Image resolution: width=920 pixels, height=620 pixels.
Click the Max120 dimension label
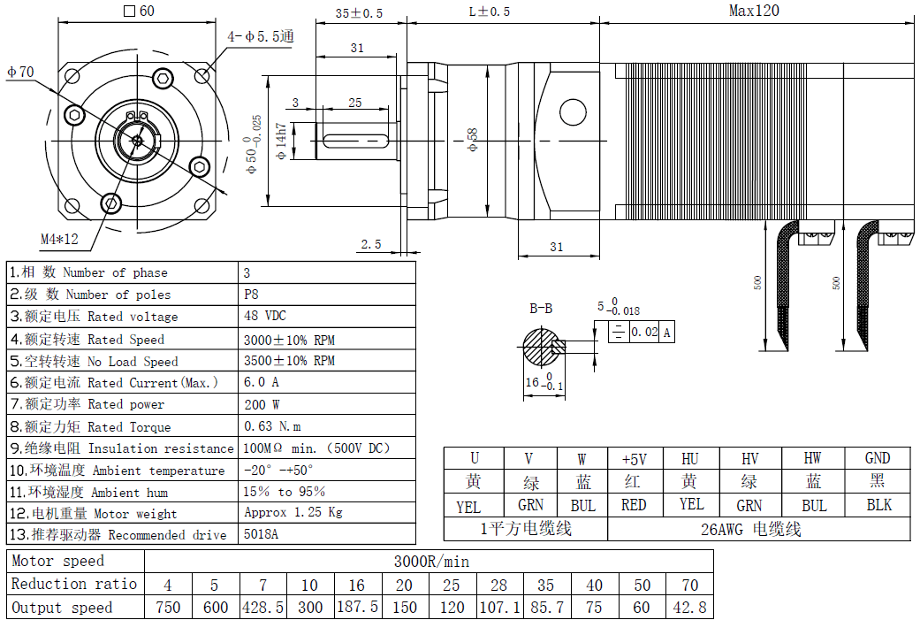(x=754, y=11)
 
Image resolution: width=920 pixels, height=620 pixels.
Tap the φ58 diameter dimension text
(x=473, y=140)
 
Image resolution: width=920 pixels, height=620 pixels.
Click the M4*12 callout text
(x=59, y=239)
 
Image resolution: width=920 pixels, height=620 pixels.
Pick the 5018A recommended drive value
(x=261, y=534)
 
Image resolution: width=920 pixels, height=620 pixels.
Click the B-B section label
(x=541, y=309)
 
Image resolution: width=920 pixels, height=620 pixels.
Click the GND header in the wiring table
(x=878, y=458)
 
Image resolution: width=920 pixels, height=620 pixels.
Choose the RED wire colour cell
(x=634, y=505)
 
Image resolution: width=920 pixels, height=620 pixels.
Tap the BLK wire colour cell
(x=878, y=505)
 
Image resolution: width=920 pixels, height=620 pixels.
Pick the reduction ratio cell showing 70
(x=689, y=585)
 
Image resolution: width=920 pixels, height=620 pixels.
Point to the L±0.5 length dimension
(x=489, y=11)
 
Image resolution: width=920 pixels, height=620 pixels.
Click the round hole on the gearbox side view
(x=573, y=112)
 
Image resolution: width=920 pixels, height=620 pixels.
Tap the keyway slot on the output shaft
(x=358, y=140)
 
